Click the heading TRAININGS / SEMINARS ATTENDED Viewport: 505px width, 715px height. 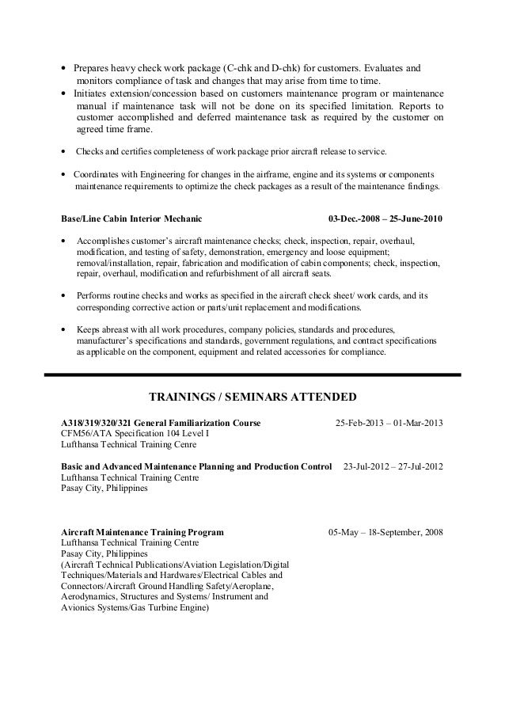253,396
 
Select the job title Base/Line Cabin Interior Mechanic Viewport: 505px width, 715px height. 131,219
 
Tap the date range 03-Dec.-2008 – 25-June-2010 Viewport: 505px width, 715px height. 385,219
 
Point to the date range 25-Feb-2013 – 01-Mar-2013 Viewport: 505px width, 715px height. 389,421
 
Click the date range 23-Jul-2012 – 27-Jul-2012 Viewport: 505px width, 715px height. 393,467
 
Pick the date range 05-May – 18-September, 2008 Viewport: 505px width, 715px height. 385,532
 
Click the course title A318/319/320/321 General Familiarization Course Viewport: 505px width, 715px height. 161,421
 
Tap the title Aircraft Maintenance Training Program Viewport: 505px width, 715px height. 142,532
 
